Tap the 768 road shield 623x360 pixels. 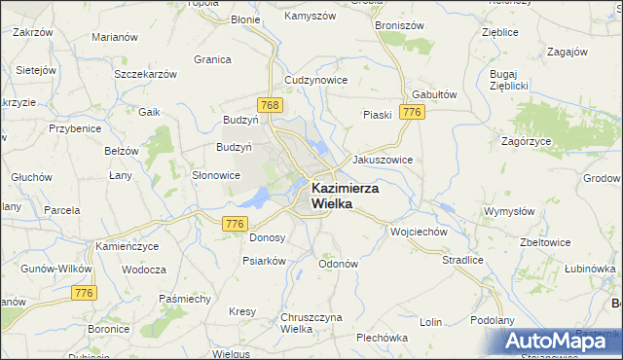(x=271, y=104)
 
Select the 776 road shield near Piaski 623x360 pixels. (x=413, y=113)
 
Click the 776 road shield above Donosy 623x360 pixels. (x=234, y=224)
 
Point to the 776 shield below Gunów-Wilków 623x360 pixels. (x=85, y=292)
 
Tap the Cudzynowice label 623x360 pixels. (x=314, y=79)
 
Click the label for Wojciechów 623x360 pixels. (x=418, y=232)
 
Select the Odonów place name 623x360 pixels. (x=339, y=264)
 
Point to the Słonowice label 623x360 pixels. (x=215, y=175)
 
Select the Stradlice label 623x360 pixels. (x=463, y=260)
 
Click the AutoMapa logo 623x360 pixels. (x=562, y=341)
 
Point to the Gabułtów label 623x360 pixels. (x=434, y=94)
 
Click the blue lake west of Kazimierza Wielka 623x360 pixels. (x=255, y=198)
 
